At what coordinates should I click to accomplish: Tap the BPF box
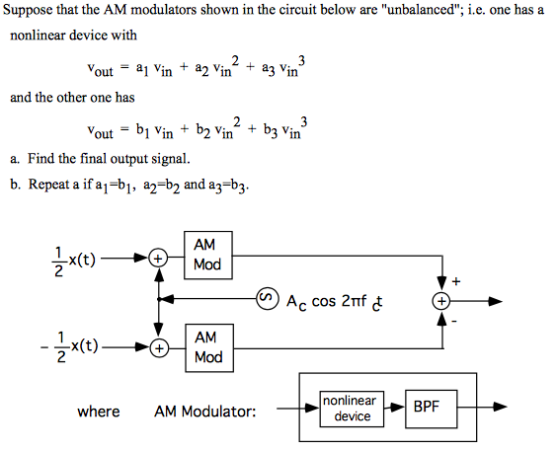427,406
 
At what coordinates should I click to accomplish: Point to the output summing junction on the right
442,300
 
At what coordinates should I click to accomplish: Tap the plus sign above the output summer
455,280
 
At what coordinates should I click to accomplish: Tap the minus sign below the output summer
455,321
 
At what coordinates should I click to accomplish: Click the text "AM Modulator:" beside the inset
204,412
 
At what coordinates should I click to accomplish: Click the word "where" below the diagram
99,412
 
